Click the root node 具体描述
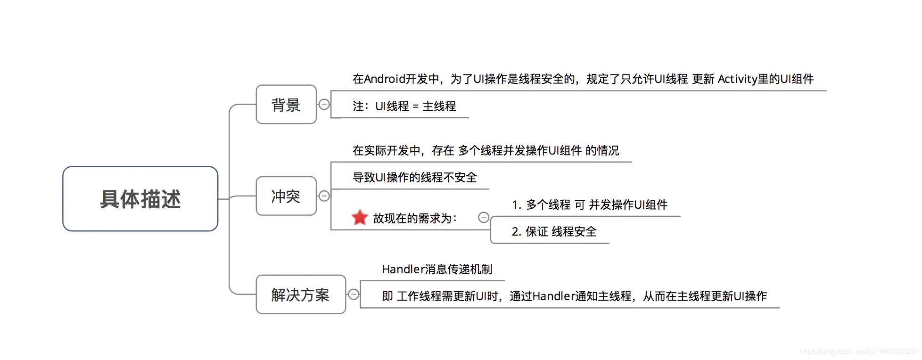pyautogui.click(x=140, y=199)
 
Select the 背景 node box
pyautogui.click(x=286, y=105)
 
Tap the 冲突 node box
pyautogui.click(x=286, y=196)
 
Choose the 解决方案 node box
pyautogui.click(x=300, y=295)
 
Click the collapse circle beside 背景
pyautogui.click(x=324, y=105)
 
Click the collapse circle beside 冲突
pyautogui.click(x=324, y=196)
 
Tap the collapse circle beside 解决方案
pyautogui.click(x=354, y=295)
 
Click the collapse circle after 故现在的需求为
pyautogui.click(x=484, y=217)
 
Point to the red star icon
pyautogui.click(x=360, y=217)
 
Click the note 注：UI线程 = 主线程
pyautogui.click(x=404, y=106)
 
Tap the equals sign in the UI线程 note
pyautogui.click(x=415, y=106)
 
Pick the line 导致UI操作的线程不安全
pyautogui.click(x=415, y=178)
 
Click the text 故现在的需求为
pyautogui.click(x=415, y=218)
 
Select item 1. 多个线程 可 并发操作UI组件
pyautogui.click(x=590, y=205)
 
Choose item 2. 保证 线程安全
pyautogui.click(x=554, y=231)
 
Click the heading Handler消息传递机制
pyautogui.click(x=437, y=269)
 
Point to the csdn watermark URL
pyautogui.click(x=858, y=352)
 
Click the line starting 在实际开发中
pyautogui.click(x=486, y=151)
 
